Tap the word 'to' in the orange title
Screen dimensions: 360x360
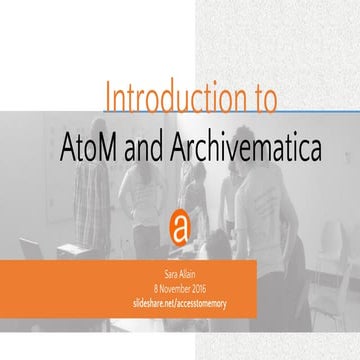[x=262, y=101]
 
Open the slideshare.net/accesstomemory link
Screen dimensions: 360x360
[x=180, y=299]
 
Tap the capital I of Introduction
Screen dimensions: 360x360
[x=108, y=101]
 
